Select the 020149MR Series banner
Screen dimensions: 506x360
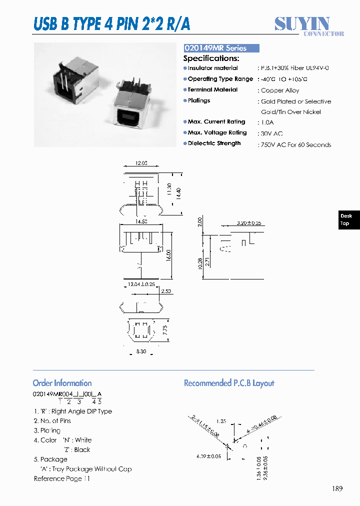221,48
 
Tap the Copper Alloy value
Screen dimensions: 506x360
280,90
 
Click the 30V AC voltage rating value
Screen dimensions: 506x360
271,133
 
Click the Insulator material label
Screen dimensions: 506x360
212,68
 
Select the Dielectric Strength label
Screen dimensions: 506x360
214,143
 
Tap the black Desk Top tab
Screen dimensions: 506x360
346,219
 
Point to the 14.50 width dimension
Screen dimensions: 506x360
141,221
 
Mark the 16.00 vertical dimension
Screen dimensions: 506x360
169,255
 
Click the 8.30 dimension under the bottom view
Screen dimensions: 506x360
141,352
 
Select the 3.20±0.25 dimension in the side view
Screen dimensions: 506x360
248,222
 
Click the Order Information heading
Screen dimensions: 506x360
62,383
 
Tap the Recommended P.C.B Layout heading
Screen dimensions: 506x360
229,383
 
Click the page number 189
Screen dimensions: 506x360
337,488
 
